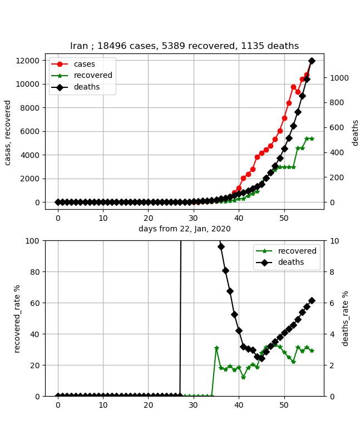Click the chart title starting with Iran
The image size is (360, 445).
184,46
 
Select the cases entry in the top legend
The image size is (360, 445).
84,64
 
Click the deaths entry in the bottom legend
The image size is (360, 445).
291,262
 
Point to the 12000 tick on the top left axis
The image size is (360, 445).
28,60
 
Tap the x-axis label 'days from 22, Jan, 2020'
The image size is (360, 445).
184,229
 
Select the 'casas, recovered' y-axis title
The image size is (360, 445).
8,132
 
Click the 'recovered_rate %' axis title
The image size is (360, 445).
17,318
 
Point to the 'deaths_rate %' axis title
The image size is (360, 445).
346,318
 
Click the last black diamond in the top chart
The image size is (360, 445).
312,61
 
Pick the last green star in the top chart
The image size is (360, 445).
312,139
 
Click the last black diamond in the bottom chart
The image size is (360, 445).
312,300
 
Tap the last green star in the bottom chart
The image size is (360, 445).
312,350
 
